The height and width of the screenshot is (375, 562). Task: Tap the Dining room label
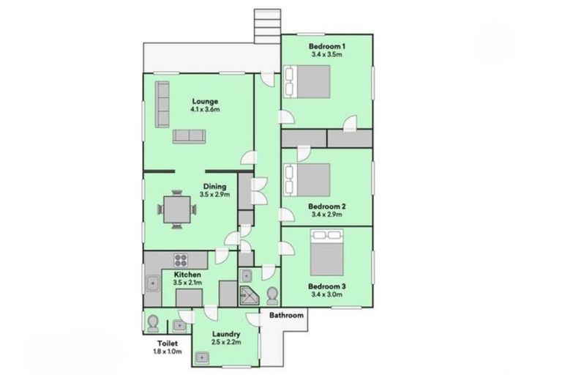pos(215,186)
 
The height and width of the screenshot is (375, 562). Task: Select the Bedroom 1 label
pos(328,45)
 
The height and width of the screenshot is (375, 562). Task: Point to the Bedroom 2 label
pos(326,206)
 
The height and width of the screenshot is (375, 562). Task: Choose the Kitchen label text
pos(187,275)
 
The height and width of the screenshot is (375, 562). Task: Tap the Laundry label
pos(226,334)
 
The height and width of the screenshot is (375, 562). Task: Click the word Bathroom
pos(286,316)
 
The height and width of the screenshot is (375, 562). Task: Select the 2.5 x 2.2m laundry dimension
pos(226,342)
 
